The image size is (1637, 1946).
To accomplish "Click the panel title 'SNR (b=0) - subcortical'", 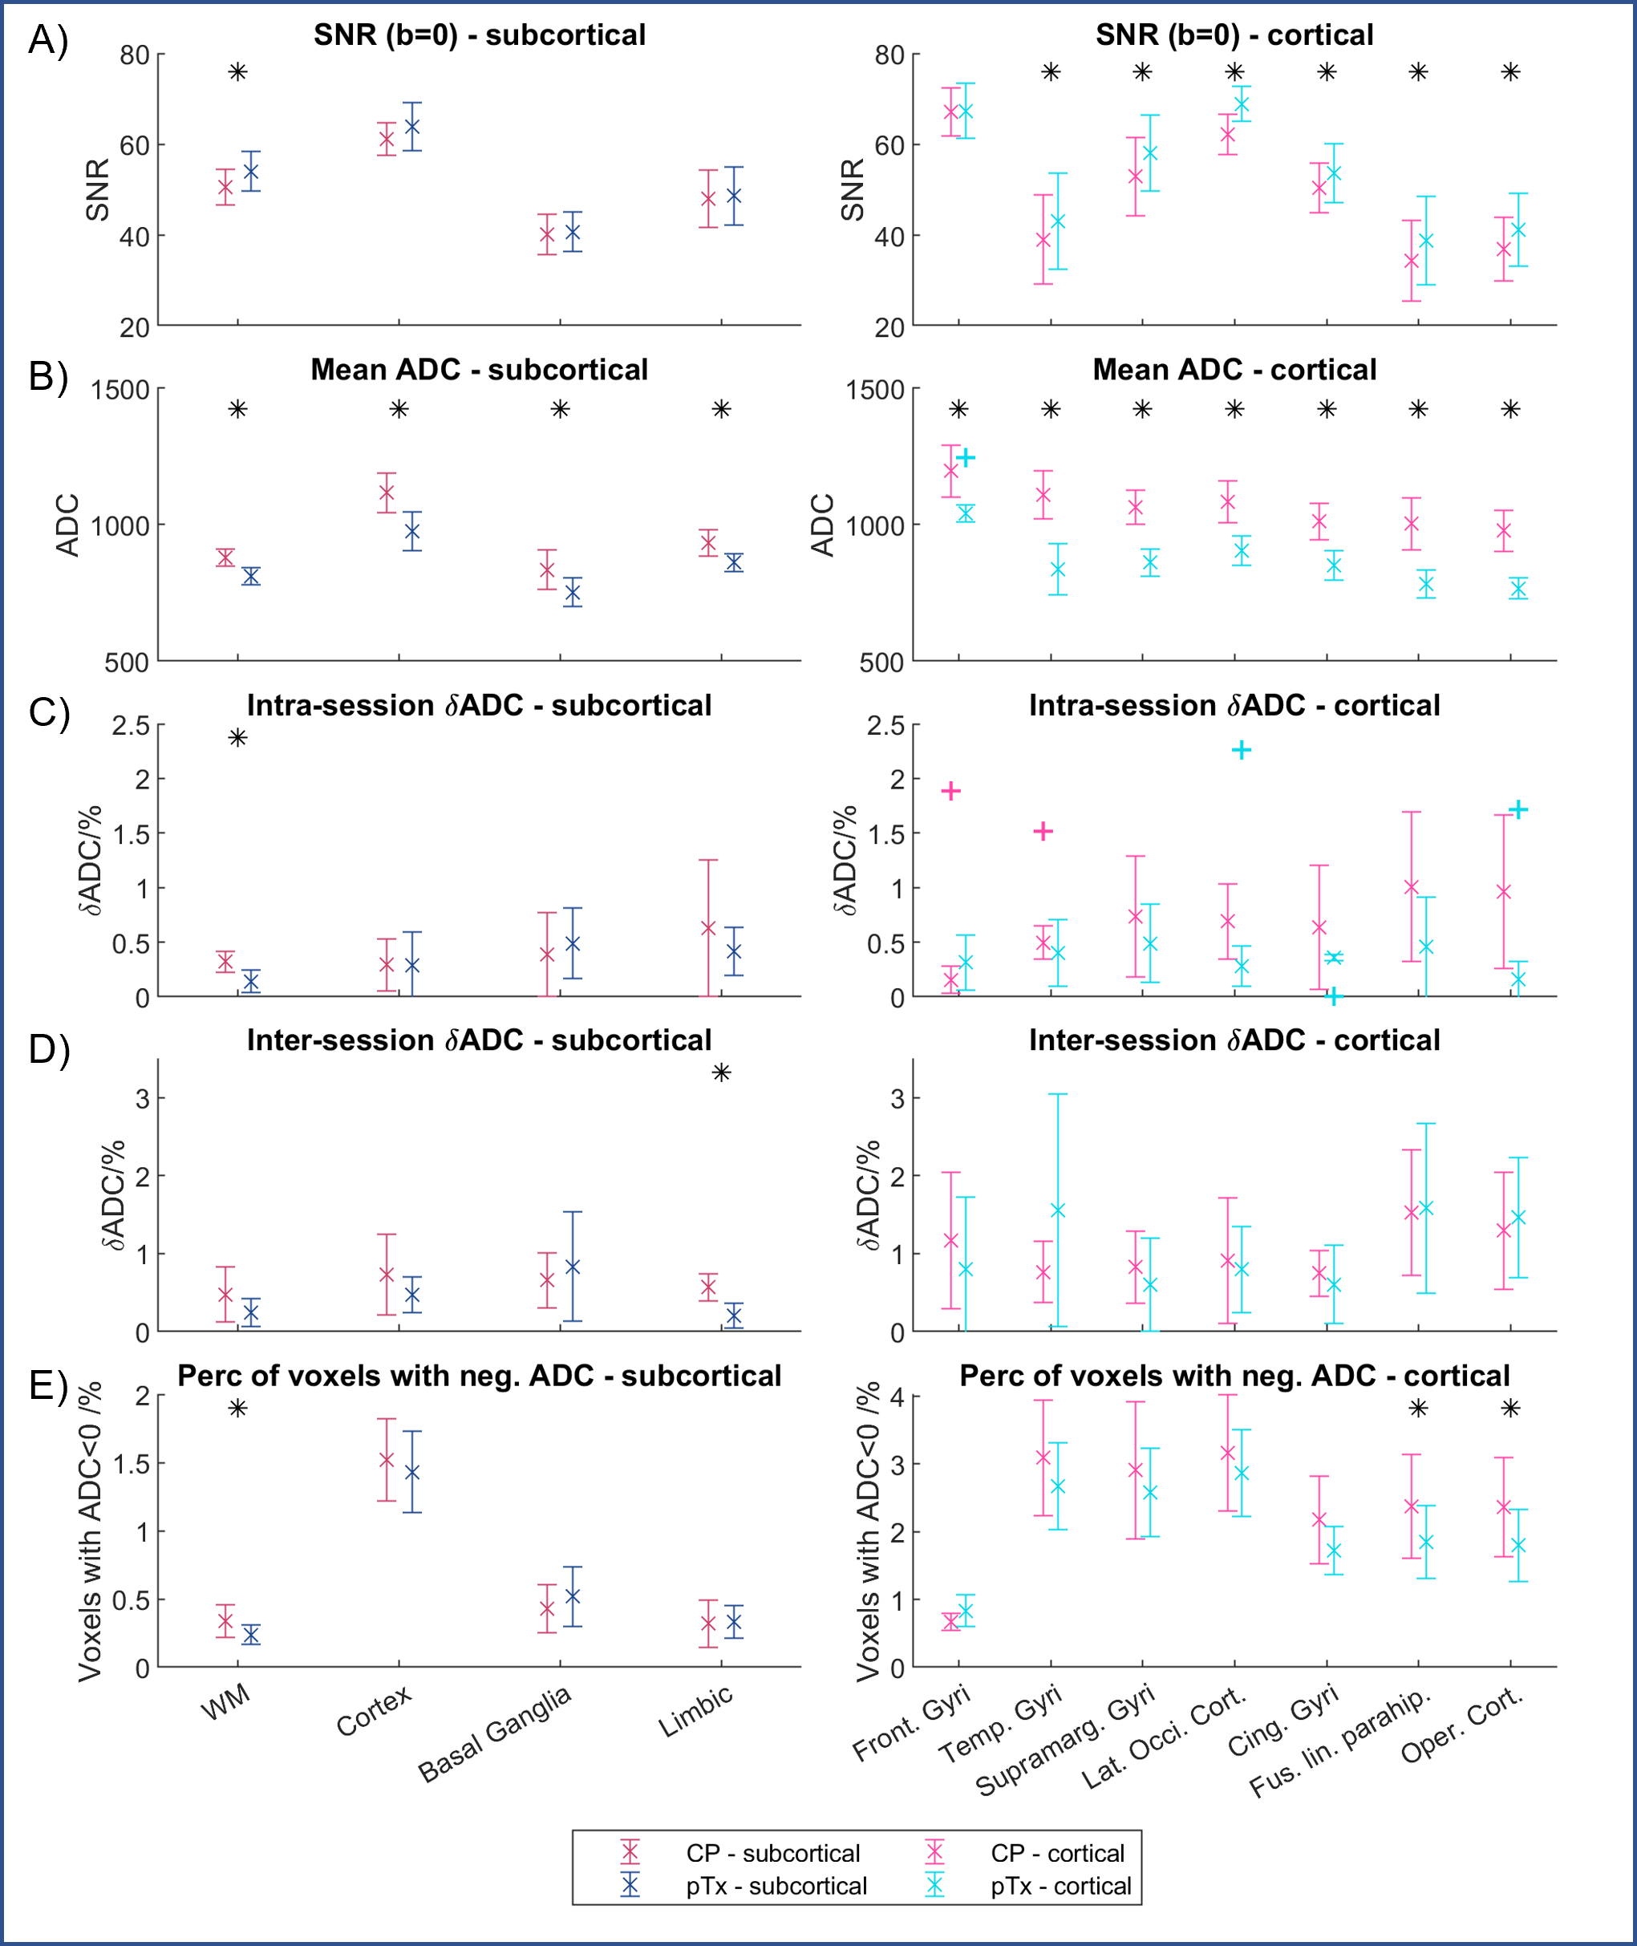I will coord(479,35).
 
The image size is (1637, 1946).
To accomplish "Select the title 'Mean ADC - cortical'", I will coord(1234,369).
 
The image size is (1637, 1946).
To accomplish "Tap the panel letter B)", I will coord(48,376).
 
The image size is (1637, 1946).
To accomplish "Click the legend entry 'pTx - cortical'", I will coord(1060,1886).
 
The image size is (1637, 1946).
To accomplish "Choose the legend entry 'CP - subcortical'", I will coord(772,1853).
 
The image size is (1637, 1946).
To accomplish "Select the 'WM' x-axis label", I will coord(225,1702).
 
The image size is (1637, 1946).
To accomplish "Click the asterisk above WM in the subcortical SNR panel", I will coord(238,71).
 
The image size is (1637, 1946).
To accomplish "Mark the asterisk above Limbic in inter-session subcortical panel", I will coord(721,1072).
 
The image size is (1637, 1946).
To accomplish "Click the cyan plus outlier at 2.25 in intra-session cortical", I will coord(1242,750).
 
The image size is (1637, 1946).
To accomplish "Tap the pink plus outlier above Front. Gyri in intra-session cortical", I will coord(950,791).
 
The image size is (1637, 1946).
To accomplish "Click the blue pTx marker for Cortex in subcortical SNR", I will coord(412,126).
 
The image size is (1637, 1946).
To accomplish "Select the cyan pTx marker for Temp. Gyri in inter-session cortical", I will coord(1057,1210).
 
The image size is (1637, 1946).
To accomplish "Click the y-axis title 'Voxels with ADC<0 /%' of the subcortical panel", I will coord(90,1531).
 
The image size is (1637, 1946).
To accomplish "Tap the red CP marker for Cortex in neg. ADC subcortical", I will coord(387,1460).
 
